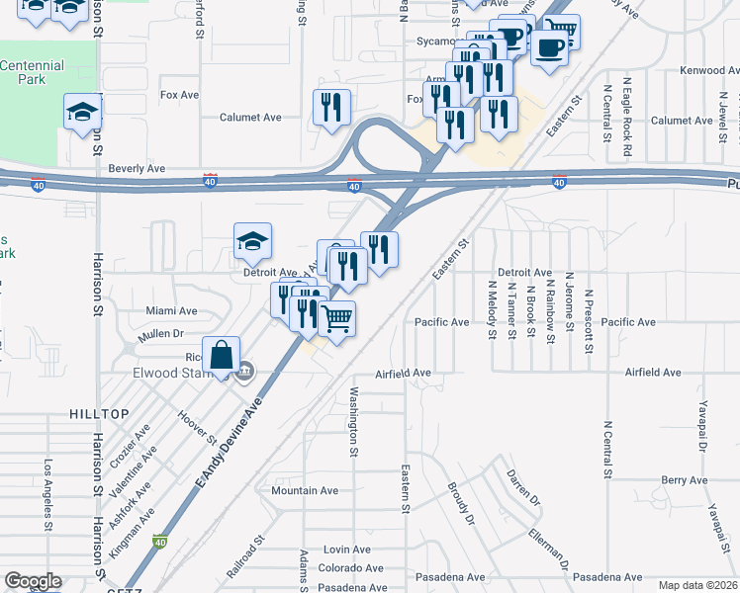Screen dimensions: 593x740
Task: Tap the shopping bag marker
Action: [x=224, y=356]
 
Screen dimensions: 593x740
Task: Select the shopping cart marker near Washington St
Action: [x=337, y=321]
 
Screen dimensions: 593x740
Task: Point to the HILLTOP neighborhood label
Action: [x=99, y=413]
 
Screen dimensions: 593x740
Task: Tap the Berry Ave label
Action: [x=685, y=480]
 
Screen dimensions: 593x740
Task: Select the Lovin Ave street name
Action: [x=346, y=549]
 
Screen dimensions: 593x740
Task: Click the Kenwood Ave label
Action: [x=710, y=71]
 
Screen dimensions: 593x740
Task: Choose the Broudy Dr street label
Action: [x=461, y=504]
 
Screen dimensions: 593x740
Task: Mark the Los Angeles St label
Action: [x=46, y=493]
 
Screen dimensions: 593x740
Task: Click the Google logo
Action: [x=33, y=582]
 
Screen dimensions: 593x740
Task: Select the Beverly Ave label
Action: [x=137, y=169]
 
